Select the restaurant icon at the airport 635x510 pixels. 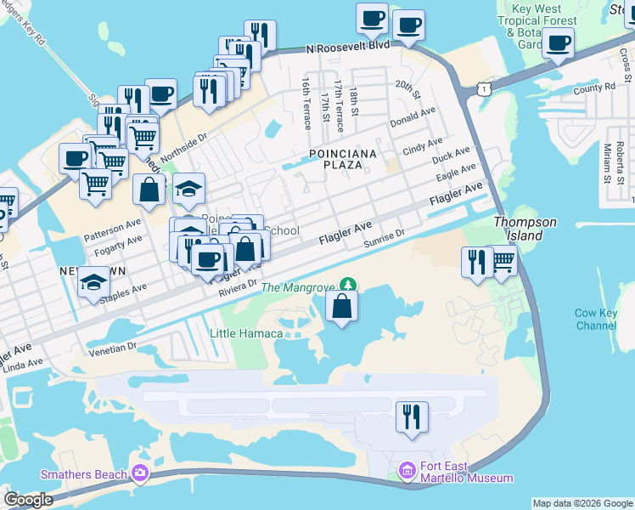[412, 416]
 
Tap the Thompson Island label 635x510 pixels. [525, 228]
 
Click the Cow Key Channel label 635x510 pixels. [596, 320]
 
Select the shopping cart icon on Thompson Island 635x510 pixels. [503, 261]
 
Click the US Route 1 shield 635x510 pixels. [483, 88]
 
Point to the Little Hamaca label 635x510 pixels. [246, 333]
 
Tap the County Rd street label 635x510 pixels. [594, 88]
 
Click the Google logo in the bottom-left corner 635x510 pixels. [29, 500]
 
